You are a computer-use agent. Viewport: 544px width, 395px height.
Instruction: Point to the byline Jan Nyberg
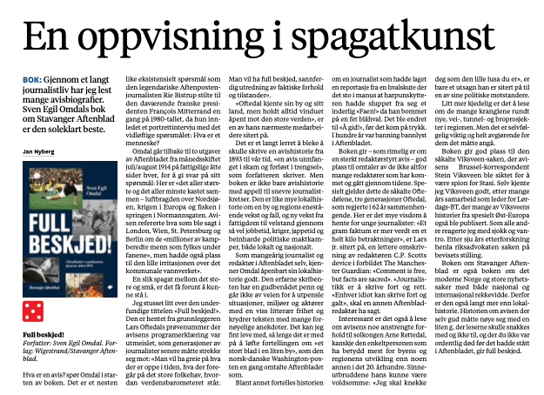[x=42, y=152]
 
